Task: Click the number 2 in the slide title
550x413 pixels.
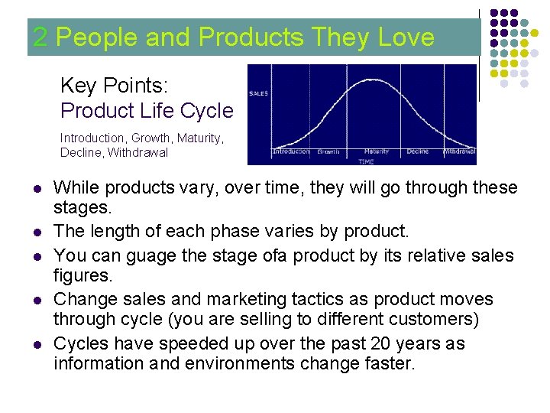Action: pyautogui.click(x=41, y=37)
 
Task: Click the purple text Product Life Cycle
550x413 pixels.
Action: pyautogui.click(x=147, y=111)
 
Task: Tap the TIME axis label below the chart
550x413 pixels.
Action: pyautogui.click(x=367, y=161)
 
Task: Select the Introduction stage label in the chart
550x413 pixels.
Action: pyautogui.click(x=291, y=151)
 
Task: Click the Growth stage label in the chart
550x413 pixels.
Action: pyautogui.click(x=328, y=151)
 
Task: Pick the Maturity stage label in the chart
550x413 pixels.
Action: pyautogui.click(x=377, y=151)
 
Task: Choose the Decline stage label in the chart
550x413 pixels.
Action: pyautogui.click(x=417, y=151)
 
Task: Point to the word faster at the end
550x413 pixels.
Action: pyautogui.click(x=387, y=363)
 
